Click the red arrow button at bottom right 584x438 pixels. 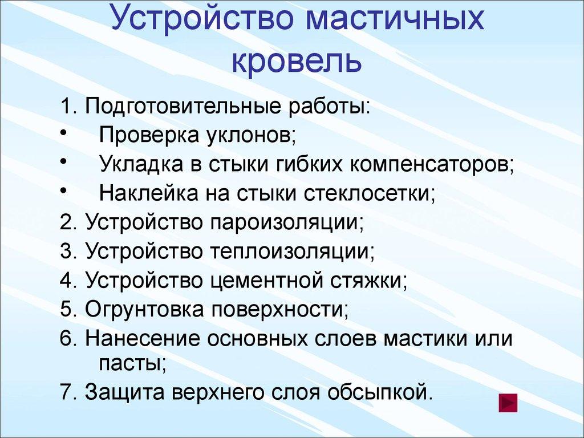pyautogui.click(x=508, y=403)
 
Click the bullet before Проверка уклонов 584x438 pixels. pyautogui.click(x=62, y=133)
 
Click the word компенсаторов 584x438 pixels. pyautogui.click(x=432, y=165)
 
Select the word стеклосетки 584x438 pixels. pyautogui.click(x=368, y=193)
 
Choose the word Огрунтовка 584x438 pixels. pyautogui.click(x=144, y=309)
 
